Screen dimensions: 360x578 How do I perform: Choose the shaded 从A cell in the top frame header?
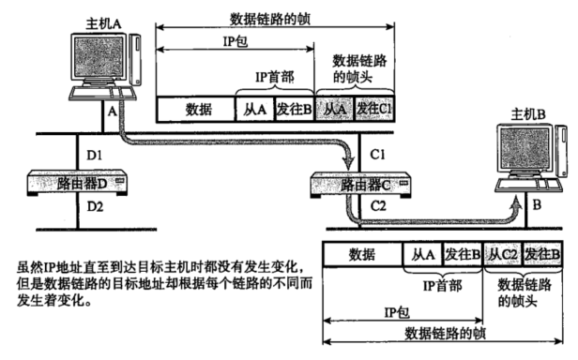[x=334, y=110]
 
